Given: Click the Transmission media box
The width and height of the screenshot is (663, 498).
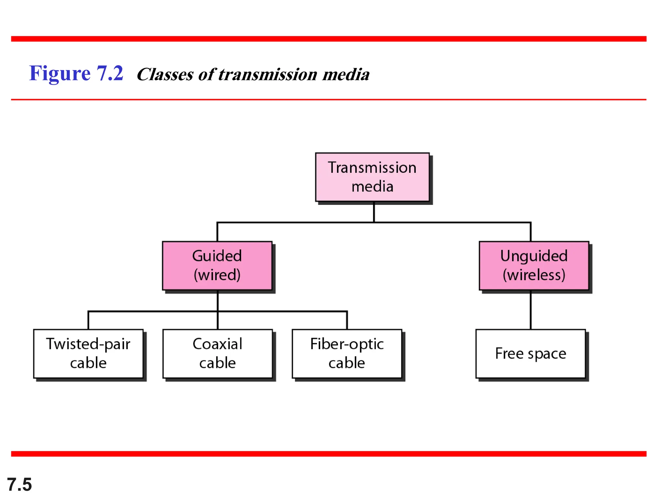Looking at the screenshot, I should click(372, 177).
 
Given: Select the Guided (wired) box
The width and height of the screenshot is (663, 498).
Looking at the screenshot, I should click(217, 266).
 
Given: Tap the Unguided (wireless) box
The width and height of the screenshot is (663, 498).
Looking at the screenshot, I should click(534, 266).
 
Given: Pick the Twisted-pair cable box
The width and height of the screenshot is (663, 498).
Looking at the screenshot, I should click(88, 354).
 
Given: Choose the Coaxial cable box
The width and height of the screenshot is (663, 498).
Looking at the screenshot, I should click(218, 354).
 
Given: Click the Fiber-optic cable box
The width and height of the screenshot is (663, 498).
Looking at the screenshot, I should click(347, 354).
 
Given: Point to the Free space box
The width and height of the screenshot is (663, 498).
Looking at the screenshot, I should click(531, 354).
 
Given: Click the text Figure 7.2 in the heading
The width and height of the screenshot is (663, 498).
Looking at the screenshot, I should click(76, 73).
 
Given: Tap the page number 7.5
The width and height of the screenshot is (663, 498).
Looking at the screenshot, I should click(19, 484).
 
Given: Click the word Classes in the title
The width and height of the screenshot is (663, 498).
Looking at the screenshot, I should click(165, 75).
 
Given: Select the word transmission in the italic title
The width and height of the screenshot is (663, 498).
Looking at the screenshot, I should click(268, 75).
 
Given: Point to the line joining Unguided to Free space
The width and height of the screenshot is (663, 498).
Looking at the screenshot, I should click(531, 310).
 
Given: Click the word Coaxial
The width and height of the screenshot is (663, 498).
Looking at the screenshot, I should click(218, 344).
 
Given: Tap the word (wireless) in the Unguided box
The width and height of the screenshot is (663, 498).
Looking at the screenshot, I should click(534, 275).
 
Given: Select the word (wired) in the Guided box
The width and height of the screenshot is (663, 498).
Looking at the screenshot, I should click(217, 275).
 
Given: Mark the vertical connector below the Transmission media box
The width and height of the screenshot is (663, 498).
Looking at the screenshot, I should click(374, 212).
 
